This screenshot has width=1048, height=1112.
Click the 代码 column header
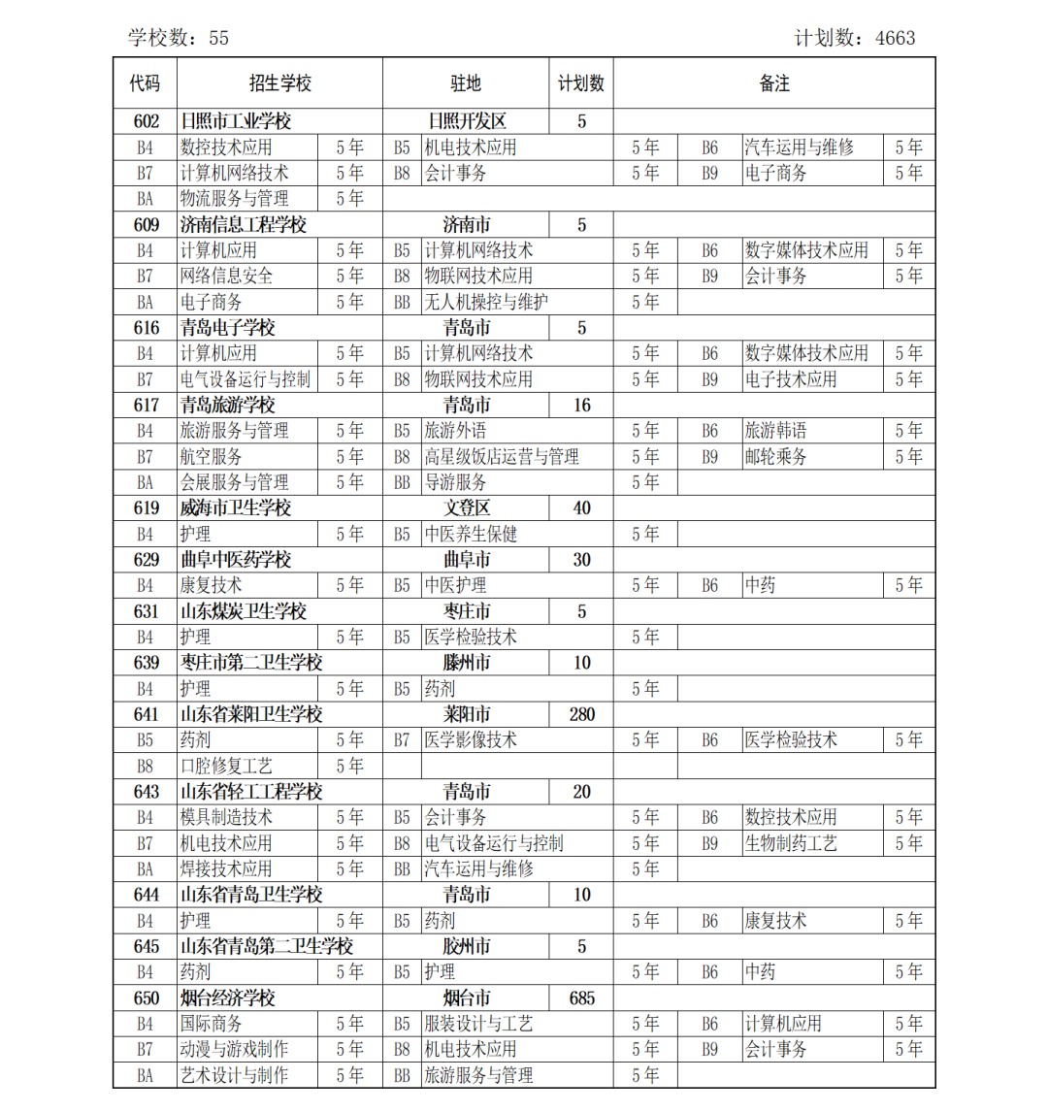(x=145, y=83)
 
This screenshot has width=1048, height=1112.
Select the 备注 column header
(x=773, y=83)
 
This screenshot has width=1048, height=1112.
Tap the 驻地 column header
(x=466, y=83)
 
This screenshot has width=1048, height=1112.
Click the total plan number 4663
(x=895, y=38)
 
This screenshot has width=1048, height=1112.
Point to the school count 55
(x=218, y=38)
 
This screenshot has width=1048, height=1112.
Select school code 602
(x=146, y=121)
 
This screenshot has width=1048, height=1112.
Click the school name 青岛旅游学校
(x=228, y=405)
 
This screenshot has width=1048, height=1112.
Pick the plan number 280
(x=581, y=714)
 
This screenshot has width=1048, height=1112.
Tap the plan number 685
(x=581, y=998)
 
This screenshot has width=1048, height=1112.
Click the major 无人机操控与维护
(x=486, y=302)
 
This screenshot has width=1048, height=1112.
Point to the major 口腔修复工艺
(x=226, y=766)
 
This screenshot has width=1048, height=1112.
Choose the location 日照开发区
(x=467, y=121)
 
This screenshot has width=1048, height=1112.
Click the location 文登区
(x=467, y=507)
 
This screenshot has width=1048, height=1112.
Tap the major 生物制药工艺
(x=791, y=843)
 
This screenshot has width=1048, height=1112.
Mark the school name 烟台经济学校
(x=228, y=998)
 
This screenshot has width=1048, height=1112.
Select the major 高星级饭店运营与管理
(x=502, y=456)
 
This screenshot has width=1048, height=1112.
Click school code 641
(x=146, y=714)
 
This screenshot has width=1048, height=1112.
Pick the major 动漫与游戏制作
(x=234, y=1049)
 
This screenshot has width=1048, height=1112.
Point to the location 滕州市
(x=467, y=663)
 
